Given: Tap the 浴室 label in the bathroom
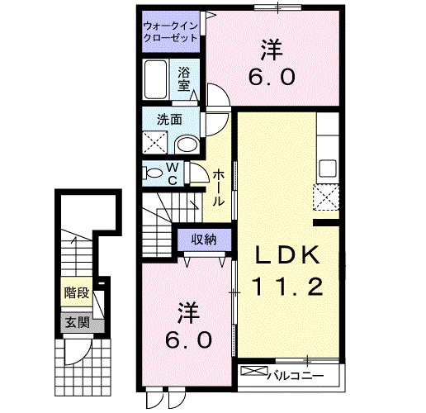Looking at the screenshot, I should click(183, 77).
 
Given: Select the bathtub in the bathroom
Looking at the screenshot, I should click(157, 80).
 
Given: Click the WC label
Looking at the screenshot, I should click(174, 173).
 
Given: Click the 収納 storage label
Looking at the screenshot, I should click(204, 240).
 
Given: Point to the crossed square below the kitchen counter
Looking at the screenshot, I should click(326, 198).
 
